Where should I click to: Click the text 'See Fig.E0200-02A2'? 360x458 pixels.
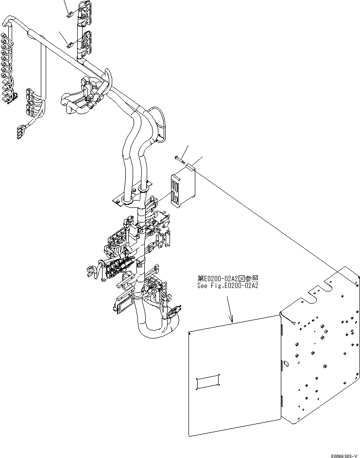227,286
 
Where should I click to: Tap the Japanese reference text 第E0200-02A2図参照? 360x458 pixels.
227,279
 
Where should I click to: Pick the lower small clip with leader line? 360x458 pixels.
70,45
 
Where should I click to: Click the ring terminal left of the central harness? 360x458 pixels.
91,269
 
